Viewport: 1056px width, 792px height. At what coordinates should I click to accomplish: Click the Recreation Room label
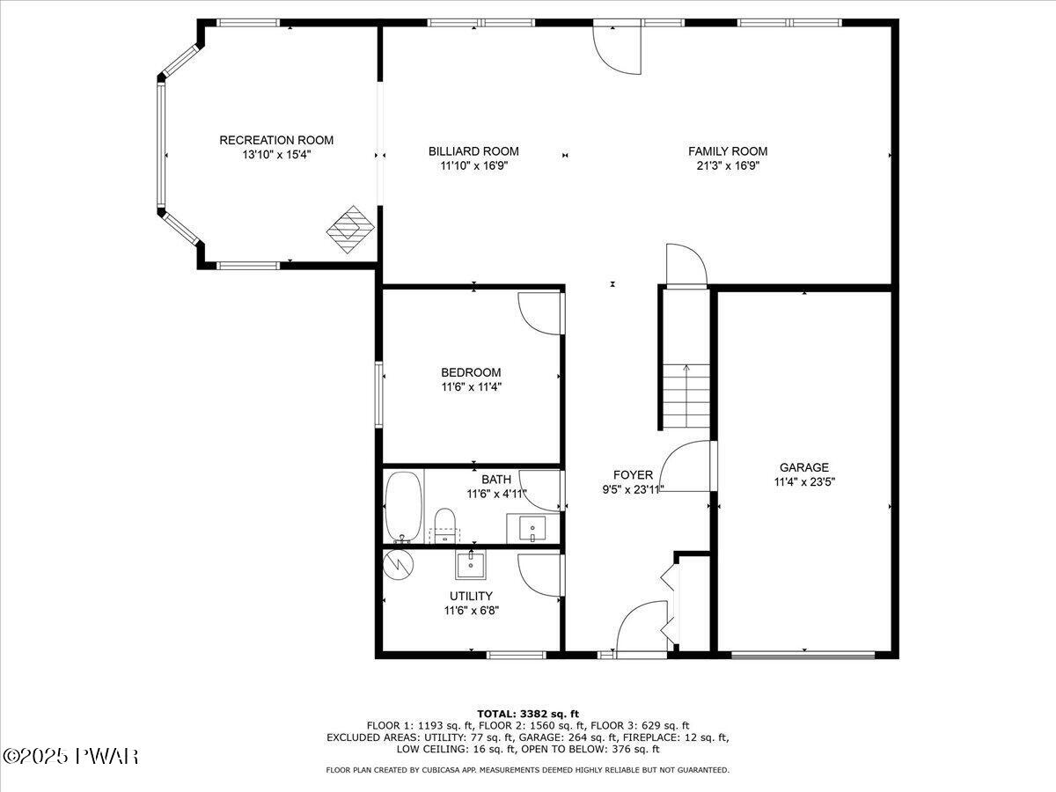tap(276, 140)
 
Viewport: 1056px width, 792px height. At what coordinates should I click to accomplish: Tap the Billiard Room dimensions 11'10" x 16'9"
tap(473, 166)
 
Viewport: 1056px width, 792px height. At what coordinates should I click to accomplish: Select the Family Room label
tap(728, 151)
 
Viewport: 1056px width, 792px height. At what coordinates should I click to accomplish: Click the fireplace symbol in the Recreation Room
tap(350, 230)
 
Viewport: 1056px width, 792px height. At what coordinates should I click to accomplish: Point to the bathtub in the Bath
tap(404, 507)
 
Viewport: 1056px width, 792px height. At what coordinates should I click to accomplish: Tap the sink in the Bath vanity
tap(532, 529)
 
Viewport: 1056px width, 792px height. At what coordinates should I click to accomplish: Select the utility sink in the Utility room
tap(471, 565)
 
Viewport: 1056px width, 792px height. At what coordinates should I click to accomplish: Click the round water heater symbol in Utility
tap(399, 565)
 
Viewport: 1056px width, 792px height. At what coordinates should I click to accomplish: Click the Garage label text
tap(804, 467)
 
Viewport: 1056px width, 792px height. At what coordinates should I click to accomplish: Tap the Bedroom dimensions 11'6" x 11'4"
tap(472, 386)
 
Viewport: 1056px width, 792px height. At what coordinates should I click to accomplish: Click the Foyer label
tap(633, 475)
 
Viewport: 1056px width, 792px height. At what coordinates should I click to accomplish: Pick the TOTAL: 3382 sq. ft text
tap(528, 714)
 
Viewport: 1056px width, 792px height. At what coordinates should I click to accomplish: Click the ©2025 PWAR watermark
tap(70, 757)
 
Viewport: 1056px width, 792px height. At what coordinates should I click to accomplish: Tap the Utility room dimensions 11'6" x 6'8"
tap(472, 611)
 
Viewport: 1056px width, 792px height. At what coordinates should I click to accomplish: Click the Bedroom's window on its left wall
tap(378, 394)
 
